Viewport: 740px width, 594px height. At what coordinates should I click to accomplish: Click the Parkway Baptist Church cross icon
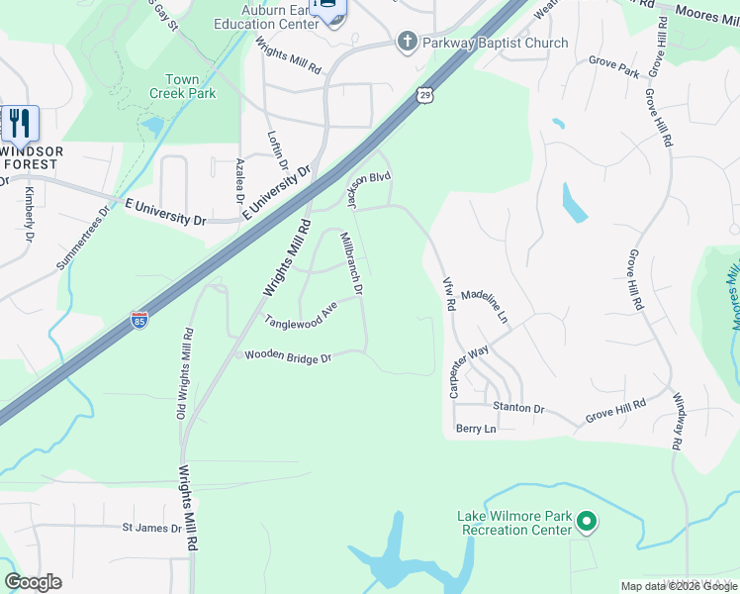(406, 42)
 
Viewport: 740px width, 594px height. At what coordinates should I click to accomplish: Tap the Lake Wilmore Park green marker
(587, 520)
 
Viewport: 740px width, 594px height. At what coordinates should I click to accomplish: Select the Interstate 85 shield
(139, 320)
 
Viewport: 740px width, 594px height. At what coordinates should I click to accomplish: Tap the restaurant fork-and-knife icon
(19, 123)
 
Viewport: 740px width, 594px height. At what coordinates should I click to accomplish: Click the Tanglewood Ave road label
(301, 315)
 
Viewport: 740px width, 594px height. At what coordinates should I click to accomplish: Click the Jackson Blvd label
(369, 189)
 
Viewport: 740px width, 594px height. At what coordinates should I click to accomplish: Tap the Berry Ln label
(475, 429)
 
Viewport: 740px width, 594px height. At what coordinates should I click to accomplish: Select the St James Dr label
(151, 528)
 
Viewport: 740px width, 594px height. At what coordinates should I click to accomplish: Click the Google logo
(33, 582)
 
